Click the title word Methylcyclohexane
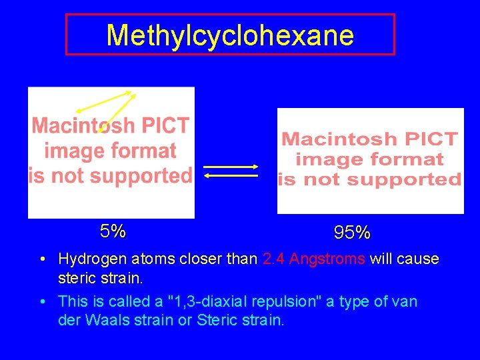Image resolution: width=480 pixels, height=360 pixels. [230, 35]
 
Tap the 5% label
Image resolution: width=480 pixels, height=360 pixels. [113, 231]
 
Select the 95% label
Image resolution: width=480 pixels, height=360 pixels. [353, 233]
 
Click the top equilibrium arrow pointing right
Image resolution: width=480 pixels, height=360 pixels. [231, 166]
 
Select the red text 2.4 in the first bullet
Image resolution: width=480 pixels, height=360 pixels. [274, 259]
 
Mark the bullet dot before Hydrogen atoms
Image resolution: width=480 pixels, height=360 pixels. [42, 259]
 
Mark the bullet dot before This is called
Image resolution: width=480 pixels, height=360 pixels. [42, 302]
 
